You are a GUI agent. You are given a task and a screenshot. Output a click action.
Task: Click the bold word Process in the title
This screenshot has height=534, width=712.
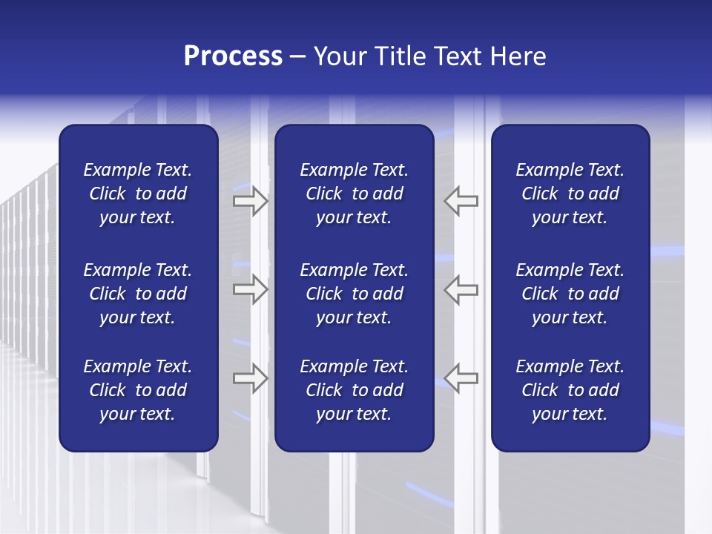233,56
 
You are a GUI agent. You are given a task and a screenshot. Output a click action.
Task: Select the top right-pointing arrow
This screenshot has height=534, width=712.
251,201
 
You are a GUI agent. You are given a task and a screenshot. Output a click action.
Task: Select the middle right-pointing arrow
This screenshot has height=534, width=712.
251,289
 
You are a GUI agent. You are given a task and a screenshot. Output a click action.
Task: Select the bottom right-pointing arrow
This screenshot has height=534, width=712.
251,378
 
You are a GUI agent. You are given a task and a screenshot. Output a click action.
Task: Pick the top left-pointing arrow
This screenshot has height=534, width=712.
461,201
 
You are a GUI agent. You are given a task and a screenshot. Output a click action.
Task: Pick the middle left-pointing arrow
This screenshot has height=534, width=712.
461,289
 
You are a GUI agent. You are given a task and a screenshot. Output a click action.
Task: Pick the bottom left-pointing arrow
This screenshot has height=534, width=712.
461,378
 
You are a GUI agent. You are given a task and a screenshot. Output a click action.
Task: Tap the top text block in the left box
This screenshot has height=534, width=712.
138,194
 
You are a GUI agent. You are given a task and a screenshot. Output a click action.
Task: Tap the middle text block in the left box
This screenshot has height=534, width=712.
138,294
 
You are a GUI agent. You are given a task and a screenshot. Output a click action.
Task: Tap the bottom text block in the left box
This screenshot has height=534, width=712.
138,390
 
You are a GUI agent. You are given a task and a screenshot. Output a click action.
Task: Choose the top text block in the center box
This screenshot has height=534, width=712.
354,194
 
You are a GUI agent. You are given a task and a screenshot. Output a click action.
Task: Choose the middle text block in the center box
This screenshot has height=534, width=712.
354,294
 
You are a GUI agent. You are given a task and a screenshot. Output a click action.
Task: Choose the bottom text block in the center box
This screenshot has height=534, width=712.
354,390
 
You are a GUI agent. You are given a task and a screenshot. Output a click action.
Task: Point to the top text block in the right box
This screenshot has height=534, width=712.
570,194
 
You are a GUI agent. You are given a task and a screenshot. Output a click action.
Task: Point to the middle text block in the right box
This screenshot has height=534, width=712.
570,294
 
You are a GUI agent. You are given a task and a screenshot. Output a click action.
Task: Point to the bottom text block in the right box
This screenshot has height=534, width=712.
570,390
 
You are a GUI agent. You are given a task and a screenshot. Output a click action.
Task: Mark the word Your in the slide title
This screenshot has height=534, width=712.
338,56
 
